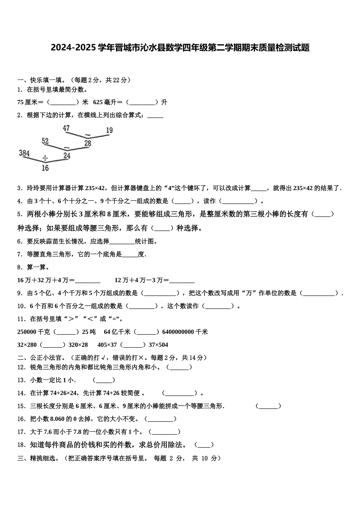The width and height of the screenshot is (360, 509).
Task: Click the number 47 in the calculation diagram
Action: coord(66,128)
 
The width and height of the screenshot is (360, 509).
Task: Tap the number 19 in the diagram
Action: coord(109,130)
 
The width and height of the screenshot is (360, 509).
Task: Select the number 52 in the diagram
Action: coord(45,141)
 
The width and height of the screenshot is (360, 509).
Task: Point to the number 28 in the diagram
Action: coord(88,143)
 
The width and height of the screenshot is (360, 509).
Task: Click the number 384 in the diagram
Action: coord(24,153)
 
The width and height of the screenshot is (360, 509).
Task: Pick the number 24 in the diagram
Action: coord(67,156)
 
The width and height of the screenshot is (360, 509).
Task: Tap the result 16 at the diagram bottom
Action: coord(45,168)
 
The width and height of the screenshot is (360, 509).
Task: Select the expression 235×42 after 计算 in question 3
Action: coord(95,188)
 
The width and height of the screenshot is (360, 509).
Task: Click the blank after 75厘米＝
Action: coord(63,102)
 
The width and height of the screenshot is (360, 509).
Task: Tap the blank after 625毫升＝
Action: coord(141,102)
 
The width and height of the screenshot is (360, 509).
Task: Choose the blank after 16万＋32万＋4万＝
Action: coord(88,281)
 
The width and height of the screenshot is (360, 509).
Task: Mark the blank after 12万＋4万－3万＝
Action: coord(182,281)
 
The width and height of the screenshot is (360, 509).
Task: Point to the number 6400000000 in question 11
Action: coord(178,332)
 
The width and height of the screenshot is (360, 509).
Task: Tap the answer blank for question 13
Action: coord(104,380)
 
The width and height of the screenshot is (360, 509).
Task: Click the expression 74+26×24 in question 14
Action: coord(63,393)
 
